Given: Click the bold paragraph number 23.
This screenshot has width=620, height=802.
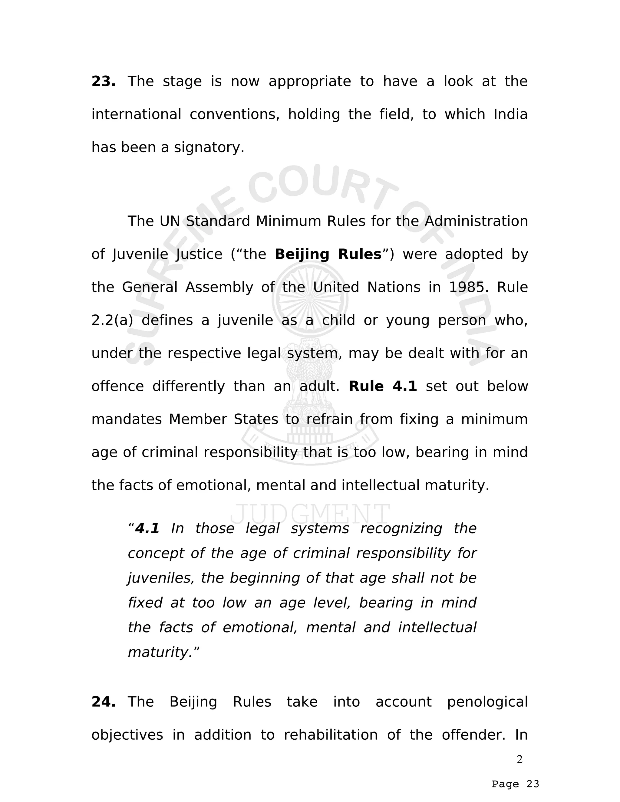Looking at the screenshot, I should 103,81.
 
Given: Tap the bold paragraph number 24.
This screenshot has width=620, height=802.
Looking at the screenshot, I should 103,702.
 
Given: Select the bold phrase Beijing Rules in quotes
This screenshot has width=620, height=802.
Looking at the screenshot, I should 328,254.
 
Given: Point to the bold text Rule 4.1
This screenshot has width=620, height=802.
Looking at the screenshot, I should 383,386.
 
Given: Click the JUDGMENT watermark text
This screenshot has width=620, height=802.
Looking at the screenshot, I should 310,514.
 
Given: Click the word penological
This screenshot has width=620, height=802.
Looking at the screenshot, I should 487,702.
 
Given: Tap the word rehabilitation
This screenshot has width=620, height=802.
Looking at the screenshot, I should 331,735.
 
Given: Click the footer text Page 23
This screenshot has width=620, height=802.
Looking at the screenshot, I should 515,784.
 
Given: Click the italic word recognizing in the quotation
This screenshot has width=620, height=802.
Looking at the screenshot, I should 401,528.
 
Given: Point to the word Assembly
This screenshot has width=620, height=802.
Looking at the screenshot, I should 219,287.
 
